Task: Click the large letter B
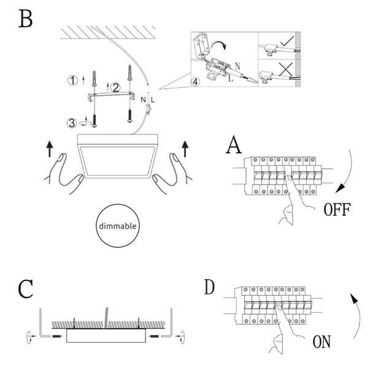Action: (25, 19)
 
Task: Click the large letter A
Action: (234, 146)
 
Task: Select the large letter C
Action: (25, 289)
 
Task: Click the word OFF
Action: (337, 210)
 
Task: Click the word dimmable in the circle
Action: (118, 226)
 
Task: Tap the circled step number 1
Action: (74, 80)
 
